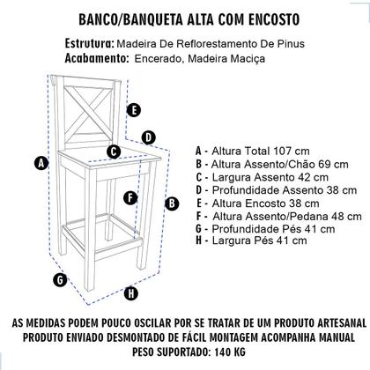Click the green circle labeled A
coord(39,162)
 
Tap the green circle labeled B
coord(171,203)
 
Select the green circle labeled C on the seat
coord(114,152)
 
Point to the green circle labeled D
coord(148,137)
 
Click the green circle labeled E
coord(133,110)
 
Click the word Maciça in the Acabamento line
coord(242,58)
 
